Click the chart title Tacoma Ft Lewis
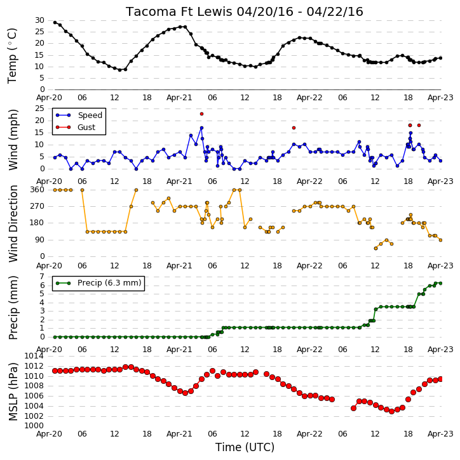180,11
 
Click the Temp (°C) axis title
12,56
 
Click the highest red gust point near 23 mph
201,114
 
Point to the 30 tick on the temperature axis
39,20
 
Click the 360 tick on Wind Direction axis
37,190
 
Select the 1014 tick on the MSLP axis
34,356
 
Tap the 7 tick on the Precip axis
42,277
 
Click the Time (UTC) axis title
245,447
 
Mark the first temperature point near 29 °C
55,23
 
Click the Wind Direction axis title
13,223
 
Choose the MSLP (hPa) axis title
13,391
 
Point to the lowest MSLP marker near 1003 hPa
391,412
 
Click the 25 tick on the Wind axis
39,109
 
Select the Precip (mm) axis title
13,308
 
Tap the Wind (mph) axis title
13,140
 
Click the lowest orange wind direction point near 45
375,249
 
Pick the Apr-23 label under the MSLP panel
440,434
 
